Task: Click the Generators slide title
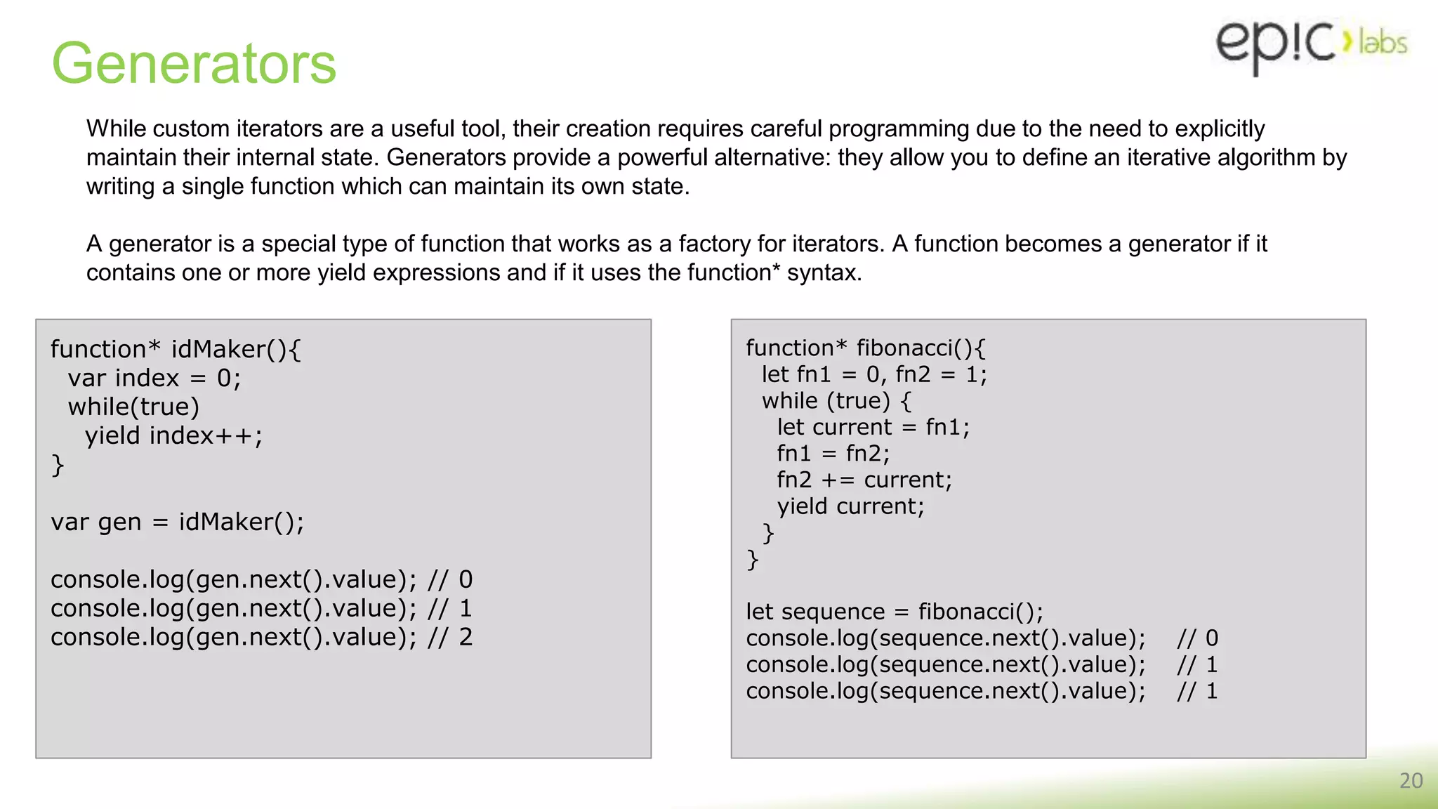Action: (x=194, y=63)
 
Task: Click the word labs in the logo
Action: (x=1383, y=43)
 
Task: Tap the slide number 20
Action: (x=1411, y=781)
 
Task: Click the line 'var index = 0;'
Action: (x=154, y=379)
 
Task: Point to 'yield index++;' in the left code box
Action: (x=173, y=436)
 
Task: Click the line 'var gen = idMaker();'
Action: (x=177, y=522)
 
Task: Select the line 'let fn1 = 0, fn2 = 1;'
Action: (x=874, y=374)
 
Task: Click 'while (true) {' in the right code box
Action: (x=837, y=401)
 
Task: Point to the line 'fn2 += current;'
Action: (x=864, y=480)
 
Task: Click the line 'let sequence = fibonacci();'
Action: (x=894, y=612)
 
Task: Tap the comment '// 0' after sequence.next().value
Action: (x=1197, y=638)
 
